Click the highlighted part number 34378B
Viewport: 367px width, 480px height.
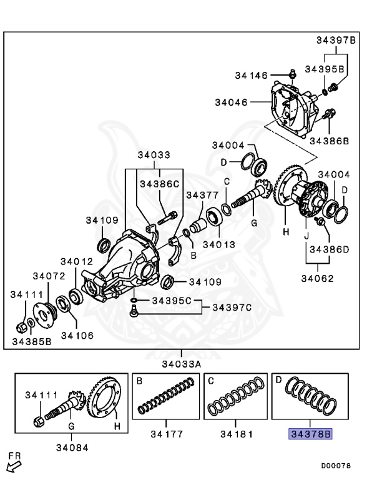(x=310, y=432)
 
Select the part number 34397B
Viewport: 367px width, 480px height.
(x=335, y=41)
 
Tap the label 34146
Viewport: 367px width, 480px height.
(x=252, y=76)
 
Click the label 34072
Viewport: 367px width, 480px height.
(x=49, y=276)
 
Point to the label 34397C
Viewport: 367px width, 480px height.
(x=232, y=307)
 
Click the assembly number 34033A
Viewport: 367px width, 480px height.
(x=182, y=364)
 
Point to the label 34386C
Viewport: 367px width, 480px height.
(x=159, y=184)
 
